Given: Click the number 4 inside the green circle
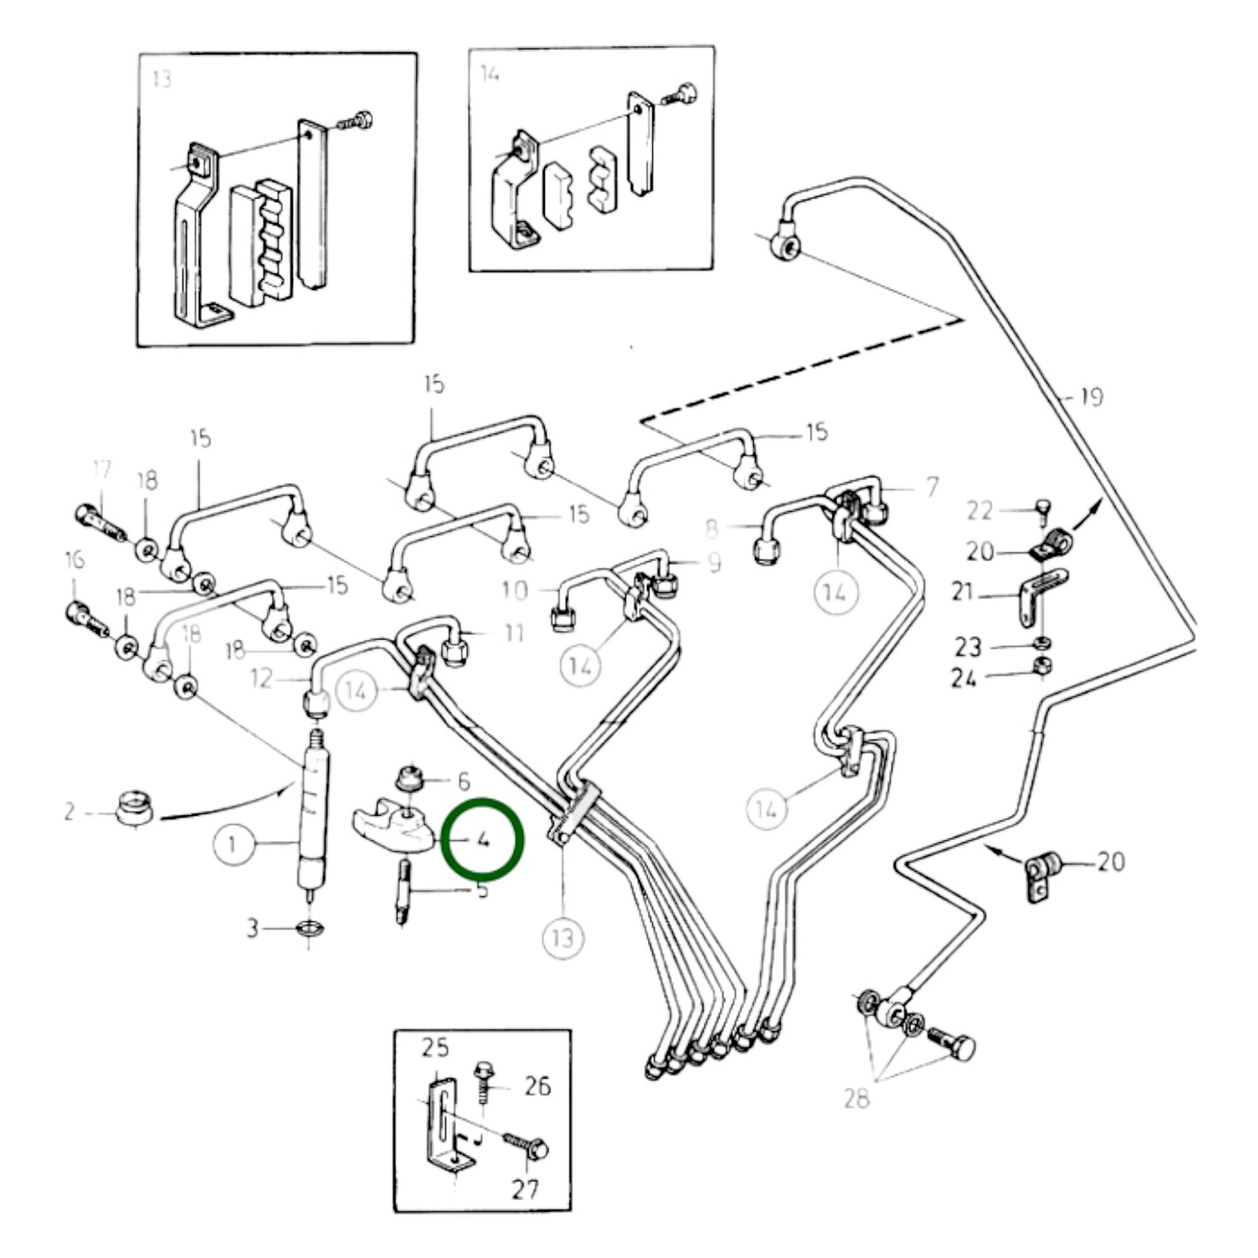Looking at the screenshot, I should tap(482, 841).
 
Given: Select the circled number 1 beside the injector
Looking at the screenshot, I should tap(232, 844).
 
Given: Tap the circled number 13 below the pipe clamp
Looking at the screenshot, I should tap(563, 938).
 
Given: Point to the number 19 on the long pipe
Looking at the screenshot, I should tap(1090, 397).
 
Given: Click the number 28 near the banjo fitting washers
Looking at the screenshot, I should tap(857, 1099).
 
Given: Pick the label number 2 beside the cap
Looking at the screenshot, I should tap(70, 812).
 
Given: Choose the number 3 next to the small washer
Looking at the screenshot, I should tap(252, 929).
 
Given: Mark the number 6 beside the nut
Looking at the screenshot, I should tap(463, 781).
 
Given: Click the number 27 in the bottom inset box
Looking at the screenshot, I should tap(525, 1188).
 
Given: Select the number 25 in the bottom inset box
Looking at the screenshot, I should tap(435, 1047).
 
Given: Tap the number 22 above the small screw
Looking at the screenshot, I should tap(979, 510).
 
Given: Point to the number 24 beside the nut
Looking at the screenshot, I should tap(964, 678).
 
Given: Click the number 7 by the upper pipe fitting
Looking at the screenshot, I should tap(932, 487).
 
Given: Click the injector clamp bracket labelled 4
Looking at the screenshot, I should tap(392, 828).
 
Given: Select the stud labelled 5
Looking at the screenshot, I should tap(405, 892).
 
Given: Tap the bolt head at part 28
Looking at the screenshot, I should tap(961, 1047).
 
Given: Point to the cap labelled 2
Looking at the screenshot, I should tap(134, 805).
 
